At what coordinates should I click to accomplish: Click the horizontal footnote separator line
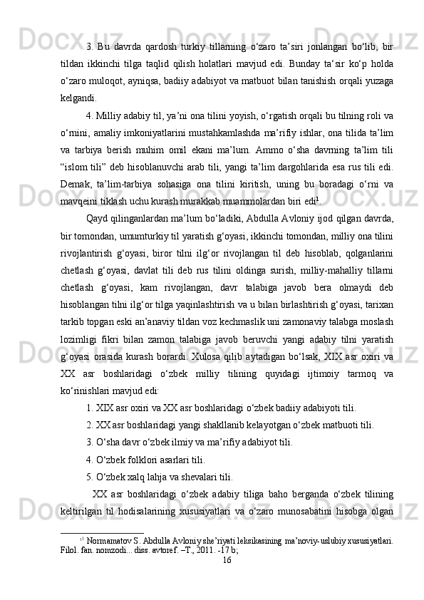click(x=104, y=532)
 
